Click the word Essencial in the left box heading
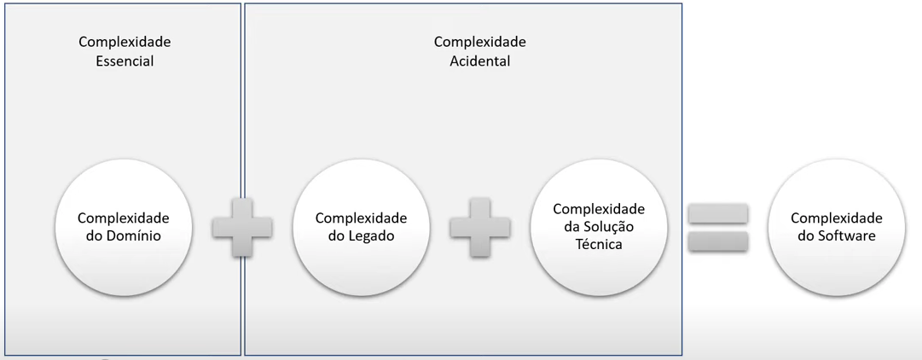click(125, 61)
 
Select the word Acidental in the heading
click(480, 61)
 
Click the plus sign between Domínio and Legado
click(242, 228)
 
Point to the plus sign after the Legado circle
click(480, 228)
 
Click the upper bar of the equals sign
click(717, 214)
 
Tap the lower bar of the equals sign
click(717, 241)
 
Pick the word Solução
click(608, 227)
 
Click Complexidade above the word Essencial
click(125, 42)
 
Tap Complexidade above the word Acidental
click(480, 42)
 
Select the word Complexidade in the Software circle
click(836, 218)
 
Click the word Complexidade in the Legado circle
click(361, 218)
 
